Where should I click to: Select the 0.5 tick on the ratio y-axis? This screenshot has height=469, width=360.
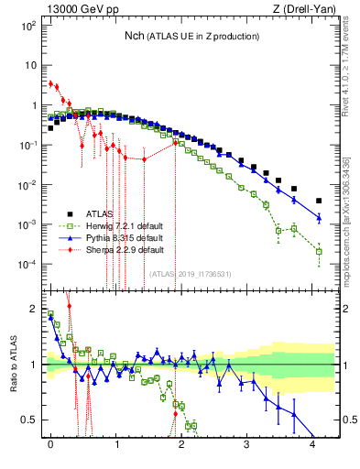coord(31,420)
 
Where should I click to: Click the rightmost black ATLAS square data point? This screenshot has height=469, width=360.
coord(319,201)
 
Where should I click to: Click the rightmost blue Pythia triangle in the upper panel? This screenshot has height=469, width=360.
coord(319,217)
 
